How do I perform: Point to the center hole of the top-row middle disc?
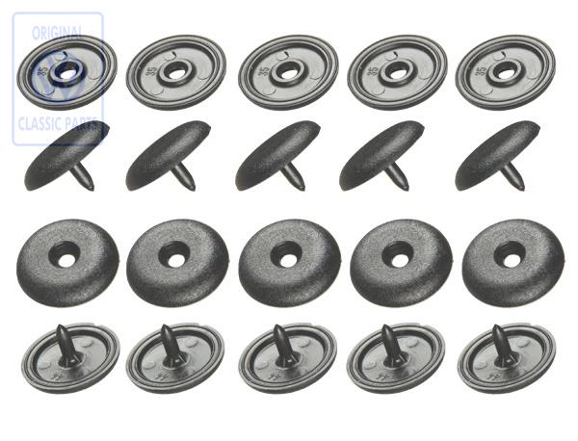point(286,71)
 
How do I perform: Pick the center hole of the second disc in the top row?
point(177,71)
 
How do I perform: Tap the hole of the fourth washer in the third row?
point(394,256)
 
